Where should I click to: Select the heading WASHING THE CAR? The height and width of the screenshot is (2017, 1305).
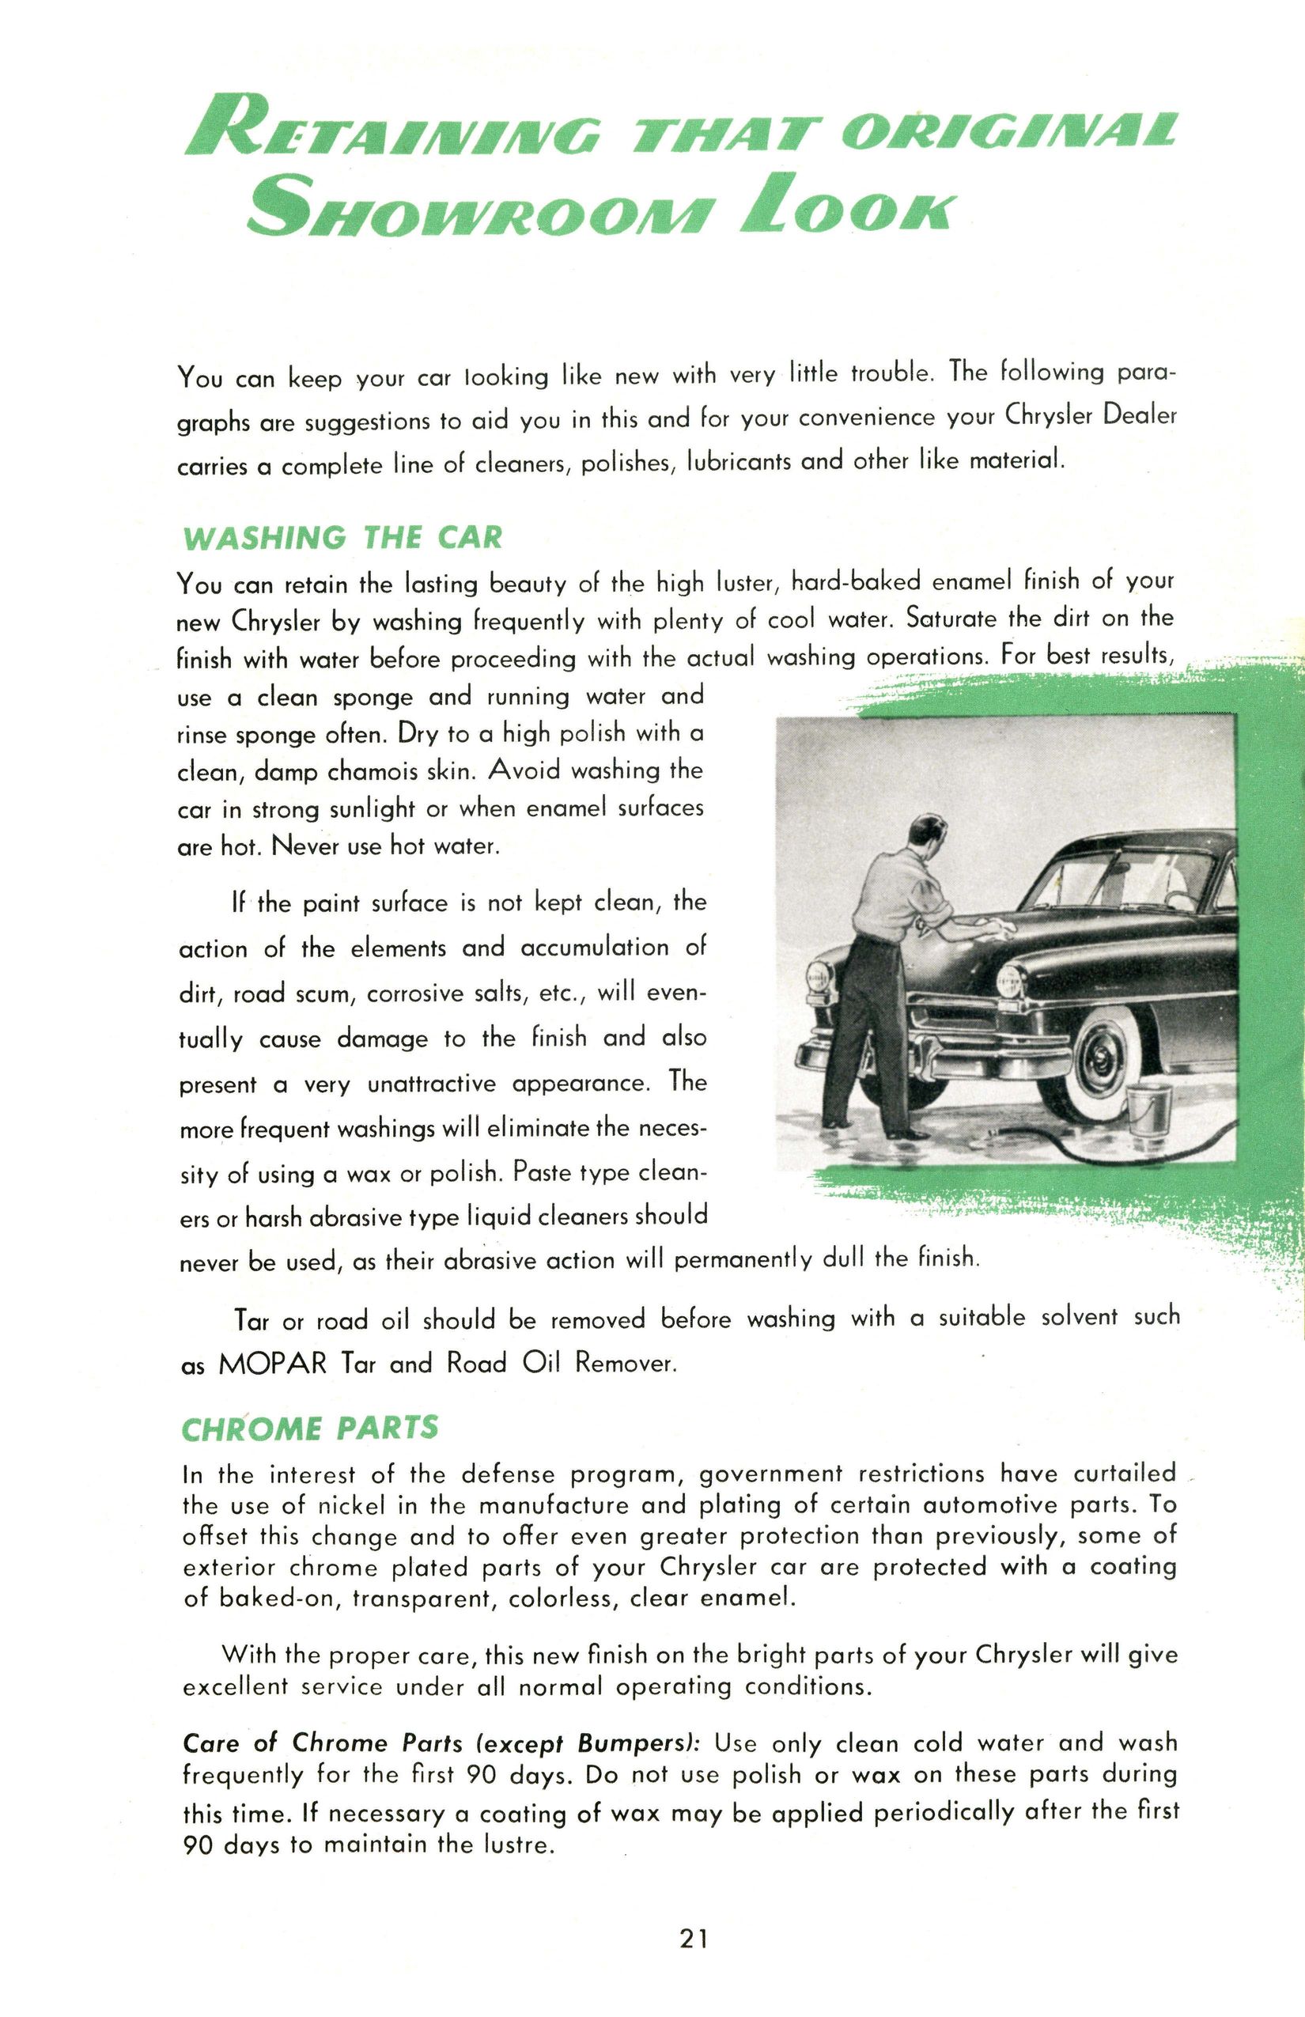click(342, 537)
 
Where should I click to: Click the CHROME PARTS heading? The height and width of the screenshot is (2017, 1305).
click(310, 1429)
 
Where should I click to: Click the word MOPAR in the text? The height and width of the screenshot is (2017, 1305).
click(272, 1364)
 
